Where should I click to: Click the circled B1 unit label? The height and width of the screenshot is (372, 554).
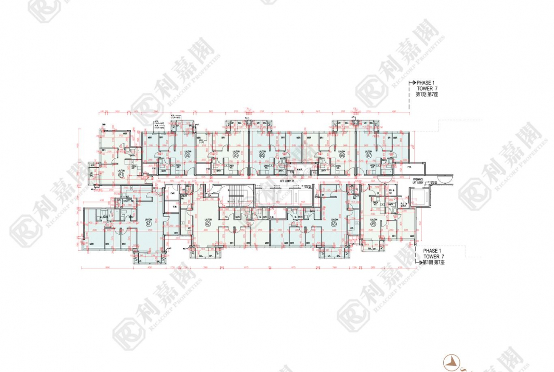[x=121, y=175]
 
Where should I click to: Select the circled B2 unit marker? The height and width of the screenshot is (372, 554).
[x=188, y=155]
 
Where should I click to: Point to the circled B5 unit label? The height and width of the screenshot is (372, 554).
[x=262, y=155]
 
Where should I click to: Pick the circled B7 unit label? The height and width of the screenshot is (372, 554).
[x=368, y=155]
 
